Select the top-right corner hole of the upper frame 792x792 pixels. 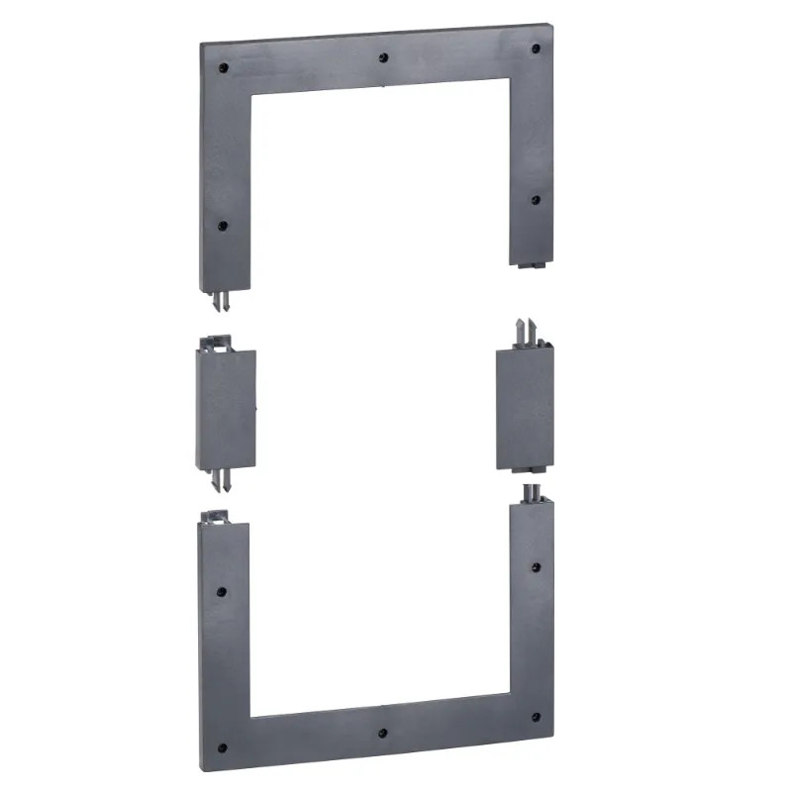click(536, 48)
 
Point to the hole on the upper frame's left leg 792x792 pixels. click(220, 225)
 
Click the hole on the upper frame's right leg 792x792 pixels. click(535, 199)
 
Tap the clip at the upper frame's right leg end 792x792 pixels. click(532, 264)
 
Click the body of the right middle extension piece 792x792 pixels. click(524, 410)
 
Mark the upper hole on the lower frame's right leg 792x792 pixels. click(536, 568)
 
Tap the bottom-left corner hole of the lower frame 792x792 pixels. click(222, 747)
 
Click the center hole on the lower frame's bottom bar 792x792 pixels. click(382, 735)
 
